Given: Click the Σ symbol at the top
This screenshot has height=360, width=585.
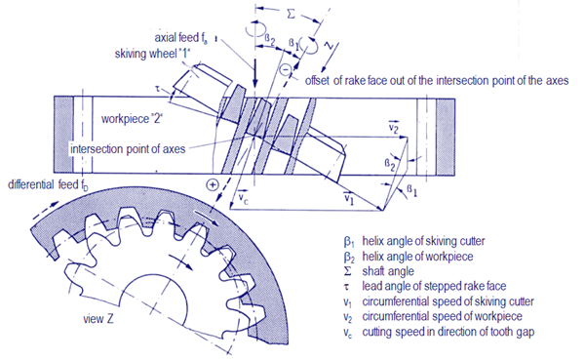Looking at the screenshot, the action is point(291,15).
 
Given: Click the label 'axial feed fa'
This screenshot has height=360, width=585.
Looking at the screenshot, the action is point(181,38).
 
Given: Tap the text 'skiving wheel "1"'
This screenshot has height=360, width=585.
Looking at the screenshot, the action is point(153,54).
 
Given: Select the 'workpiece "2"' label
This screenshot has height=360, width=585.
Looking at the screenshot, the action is point(133,119).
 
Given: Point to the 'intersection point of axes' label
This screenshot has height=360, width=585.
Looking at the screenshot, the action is point(128,149).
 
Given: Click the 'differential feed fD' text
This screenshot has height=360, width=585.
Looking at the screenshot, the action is point(49,184).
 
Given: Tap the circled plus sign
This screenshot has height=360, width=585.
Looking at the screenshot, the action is point(213,184).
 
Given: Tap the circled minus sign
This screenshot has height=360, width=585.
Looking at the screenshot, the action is point(286,69).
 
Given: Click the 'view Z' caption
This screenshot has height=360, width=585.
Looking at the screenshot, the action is point(98,319).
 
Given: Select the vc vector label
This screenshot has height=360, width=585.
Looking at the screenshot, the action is point(243,199).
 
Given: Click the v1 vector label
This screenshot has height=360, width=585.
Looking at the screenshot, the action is point(348,197).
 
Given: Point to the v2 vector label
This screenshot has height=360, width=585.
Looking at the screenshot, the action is point(394,127).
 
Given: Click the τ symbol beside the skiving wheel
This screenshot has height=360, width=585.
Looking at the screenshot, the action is point(158,89).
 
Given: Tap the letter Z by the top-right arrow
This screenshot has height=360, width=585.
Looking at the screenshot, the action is point(329,46).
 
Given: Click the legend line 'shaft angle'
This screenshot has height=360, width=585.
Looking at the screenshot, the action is point(388,271).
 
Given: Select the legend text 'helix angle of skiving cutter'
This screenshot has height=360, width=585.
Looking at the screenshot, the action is point(423,241).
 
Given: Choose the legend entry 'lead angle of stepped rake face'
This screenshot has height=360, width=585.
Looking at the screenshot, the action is point(434,286).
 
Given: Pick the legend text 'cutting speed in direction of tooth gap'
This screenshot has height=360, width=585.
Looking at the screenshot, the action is point(448,332).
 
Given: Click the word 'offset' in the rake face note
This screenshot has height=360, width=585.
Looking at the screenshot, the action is point(317,80).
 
